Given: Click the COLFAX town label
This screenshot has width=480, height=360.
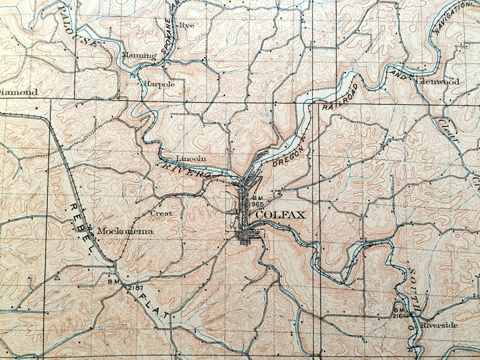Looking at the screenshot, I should pos(281,215).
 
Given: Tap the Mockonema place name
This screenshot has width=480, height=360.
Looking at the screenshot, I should pos(125,232).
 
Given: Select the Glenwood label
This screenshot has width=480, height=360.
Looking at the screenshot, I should pos(437,82).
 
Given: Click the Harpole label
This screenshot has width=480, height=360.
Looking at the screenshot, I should pos(159,84).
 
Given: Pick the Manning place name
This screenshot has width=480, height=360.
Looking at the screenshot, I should pos(139,55).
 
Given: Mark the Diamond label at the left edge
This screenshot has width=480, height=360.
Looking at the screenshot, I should pos(18,93).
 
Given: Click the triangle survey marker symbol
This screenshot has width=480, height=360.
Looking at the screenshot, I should pos(58,277).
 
